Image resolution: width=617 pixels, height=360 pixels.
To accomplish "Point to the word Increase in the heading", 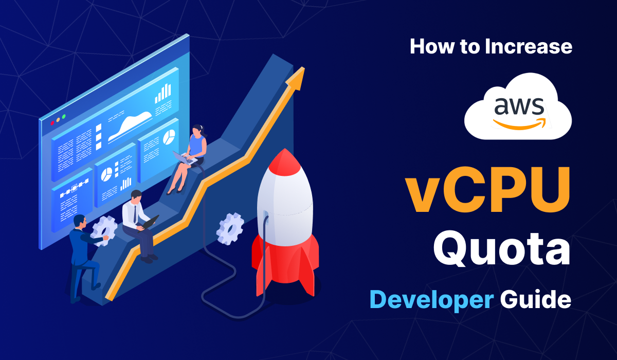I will pos(528,47).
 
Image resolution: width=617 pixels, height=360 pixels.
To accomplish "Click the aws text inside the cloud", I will pos(518,106).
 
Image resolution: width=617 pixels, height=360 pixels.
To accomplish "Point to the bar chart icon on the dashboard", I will pos(163,94).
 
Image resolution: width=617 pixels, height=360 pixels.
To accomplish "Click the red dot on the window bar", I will pos(52,122).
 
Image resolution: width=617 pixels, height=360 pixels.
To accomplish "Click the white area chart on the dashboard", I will pos(130,125).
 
